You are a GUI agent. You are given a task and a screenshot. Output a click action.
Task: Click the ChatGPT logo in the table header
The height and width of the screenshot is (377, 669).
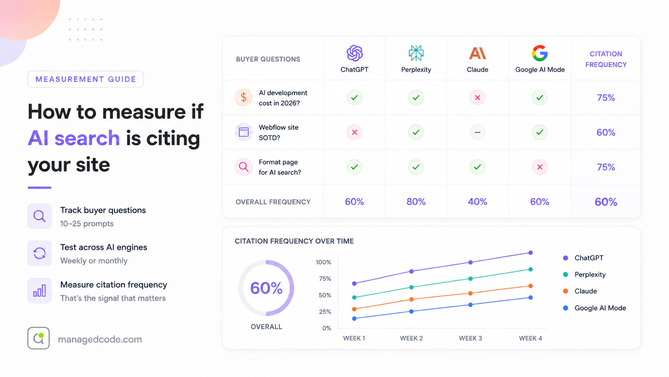(355, 53)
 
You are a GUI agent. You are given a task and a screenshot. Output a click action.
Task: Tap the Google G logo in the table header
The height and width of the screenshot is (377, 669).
(540, 53)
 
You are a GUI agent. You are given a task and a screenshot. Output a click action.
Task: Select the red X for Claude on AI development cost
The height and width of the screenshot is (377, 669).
(477, 97)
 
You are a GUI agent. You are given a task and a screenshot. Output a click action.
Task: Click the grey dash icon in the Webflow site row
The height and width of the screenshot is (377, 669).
(477, 132)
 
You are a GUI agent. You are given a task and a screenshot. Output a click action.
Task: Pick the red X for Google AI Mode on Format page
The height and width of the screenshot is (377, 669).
(540, 167)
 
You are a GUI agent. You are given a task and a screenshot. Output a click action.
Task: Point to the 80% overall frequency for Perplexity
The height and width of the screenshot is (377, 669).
(416, 202)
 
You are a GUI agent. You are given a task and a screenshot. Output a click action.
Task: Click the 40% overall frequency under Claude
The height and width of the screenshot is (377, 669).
(477, 202)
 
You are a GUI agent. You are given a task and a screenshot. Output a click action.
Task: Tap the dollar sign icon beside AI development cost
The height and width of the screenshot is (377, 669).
(244, 97)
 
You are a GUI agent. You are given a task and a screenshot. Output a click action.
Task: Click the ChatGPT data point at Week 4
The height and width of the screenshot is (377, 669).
(531, 253)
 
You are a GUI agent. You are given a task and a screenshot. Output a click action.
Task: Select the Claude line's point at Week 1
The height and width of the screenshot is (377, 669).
(354, 309)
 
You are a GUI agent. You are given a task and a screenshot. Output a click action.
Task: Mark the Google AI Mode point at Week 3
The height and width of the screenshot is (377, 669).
(471, 305)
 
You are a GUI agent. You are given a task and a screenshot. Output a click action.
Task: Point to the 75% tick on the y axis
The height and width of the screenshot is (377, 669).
(325, 279)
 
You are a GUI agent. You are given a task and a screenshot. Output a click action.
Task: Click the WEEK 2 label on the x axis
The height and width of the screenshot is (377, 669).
(411, 339)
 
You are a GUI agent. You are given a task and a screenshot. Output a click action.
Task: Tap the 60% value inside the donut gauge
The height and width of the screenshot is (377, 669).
(266, 288)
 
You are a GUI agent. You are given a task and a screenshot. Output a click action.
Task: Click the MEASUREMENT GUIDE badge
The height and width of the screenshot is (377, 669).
(86, 79)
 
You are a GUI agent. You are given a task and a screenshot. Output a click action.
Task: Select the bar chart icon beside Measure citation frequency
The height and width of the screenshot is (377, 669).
(40, 290)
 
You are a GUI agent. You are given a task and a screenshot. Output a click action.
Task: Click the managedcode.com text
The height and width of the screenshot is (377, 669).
(100, 339)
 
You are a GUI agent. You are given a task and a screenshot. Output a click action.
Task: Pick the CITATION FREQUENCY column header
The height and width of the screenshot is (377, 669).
(606, 59)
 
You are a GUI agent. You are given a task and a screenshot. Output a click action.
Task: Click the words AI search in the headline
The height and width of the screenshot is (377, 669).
(74, 138)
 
